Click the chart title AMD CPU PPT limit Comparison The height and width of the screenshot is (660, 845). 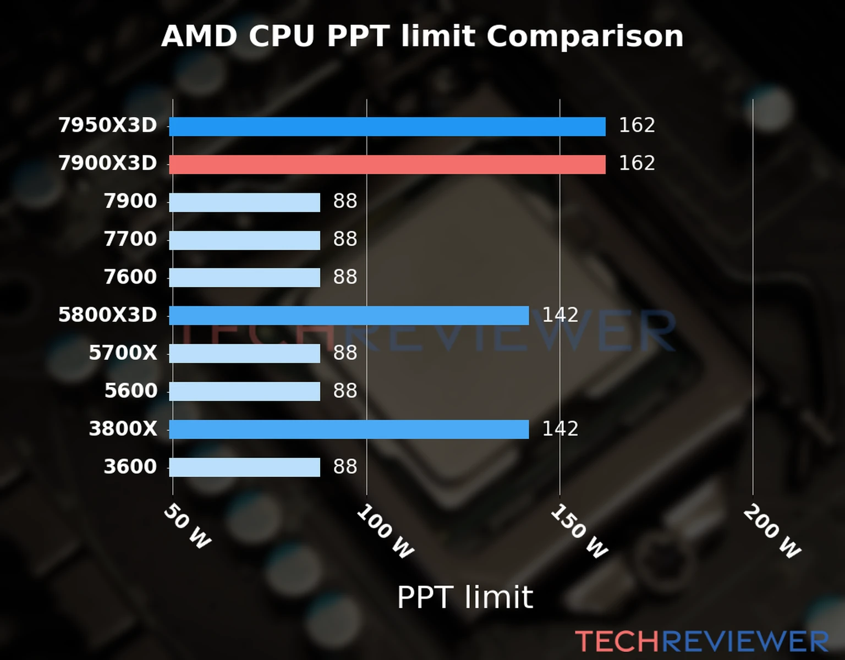click(x=422, y=36)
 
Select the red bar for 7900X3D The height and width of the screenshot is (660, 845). click(x=387, y=164)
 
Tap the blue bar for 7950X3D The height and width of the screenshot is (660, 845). click(x=387, y=127)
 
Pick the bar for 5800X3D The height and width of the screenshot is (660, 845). click(x=348, y=316)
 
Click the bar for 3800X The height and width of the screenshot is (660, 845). click(x=348, y=430)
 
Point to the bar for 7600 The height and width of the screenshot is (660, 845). click(x=244, y=278)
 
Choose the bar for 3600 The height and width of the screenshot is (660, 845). click(x=244, y=468)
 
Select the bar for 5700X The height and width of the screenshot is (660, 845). click(x=244, y=354)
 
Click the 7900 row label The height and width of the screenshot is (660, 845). click(x=130, y=201)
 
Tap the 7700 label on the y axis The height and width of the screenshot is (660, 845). click(x=130, y=239)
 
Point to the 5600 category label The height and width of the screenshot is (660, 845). click(x=130, y=391)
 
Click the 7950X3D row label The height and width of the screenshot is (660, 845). click(x=108, y=125)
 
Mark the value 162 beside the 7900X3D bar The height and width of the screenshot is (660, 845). click(x=637, y=163)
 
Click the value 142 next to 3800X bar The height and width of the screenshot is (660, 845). click(x=560, y=429)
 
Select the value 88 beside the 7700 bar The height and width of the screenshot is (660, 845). click(x=345, y=239)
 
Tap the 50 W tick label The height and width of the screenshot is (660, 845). click(x=187, y=526)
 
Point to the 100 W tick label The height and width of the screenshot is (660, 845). click(x=385, y=532)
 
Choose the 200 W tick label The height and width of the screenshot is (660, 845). click(x=772, y=532)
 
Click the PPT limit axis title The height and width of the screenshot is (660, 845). click(x=465, y=597)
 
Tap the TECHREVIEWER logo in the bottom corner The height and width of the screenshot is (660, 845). click(x=701, y=642)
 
